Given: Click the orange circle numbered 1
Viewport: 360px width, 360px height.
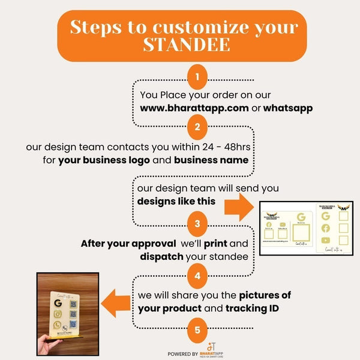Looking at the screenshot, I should point(197,78).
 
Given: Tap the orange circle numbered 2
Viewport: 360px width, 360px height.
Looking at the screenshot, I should point(197,127).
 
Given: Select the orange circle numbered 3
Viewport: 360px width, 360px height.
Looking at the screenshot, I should point(197,225).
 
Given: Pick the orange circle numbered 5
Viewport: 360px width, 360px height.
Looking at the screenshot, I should point(197,328).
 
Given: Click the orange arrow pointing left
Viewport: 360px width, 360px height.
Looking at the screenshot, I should point(116,302).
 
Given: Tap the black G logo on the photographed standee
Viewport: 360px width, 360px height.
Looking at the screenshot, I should point(58,304).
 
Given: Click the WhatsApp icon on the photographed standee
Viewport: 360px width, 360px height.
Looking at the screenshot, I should point(57,325).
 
